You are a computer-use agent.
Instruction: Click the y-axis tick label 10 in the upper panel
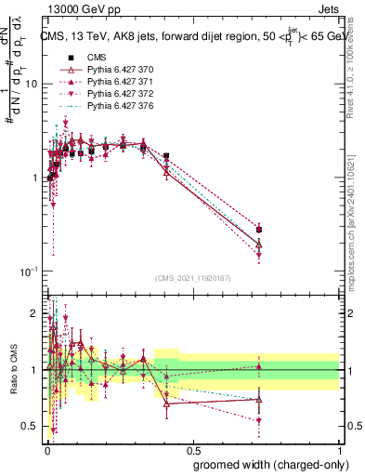tap(30, 84)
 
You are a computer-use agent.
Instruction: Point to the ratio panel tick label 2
tap(34, 312)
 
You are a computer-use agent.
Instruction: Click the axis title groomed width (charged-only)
tap(266, 464)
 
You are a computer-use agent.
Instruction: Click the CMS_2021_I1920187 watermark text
tap(192, 278)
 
